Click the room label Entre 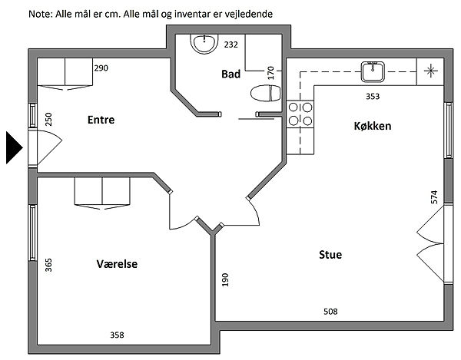tap(101, 120)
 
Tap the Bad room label tap(230, 74)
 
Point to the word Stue tap(330, 254)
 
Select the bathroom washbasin tap(205, 45)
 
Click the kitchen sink tap(373, 72)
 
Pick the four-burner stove tap(300, 114)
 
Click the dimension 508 tap(330, 311)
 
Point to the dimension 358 tap(117, 334)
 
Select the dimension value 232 tap(230, 45)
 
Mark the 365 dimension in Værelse tap(48, 266)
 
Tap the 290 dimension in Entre tap(101, 68)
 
